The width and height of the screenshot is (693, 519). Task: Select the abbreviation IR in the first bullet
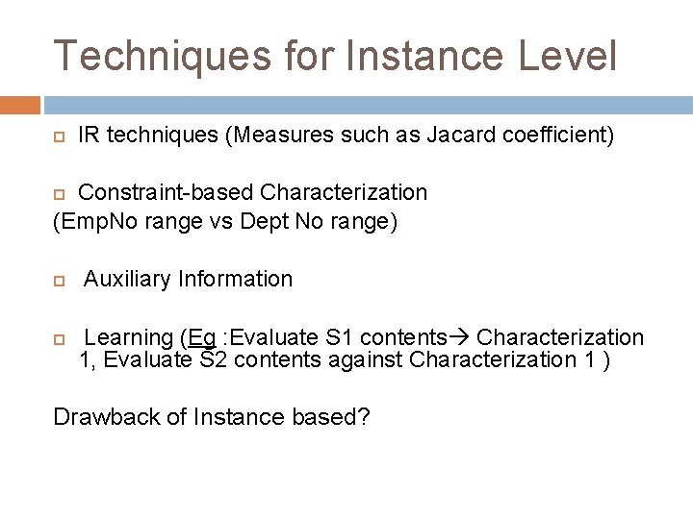[89, 136]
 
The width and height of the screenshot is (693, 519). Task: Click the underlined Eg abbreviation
[202, 337]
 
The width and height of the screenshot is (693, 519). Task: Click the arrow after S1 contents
[460, 337]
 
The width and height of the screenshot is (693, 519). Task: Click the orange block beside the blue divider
[19, 104]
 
